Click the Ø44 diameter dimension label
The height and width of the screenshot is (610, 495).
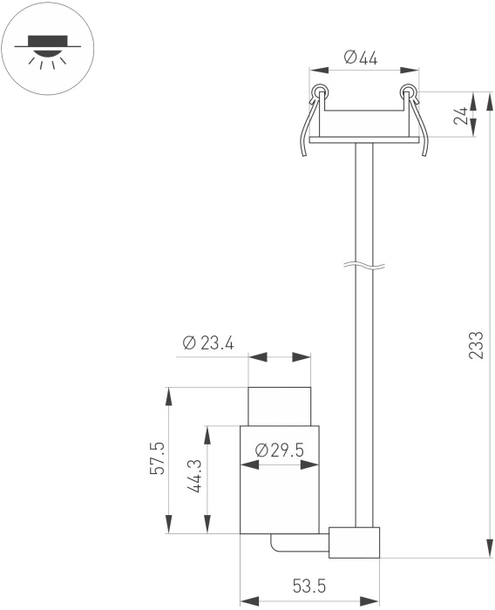point(361,58)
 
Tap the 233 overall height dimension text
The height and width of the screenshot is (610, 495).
point(476,345)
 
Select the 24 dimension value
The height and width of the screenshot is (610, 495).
point(461,115)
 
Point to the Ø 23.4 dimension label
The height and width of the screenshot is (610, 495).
point(208,343)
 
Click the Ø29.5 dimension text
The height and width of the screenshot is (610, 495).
point(279,451)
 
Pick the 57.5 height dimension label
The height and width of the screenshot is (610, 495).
point(158,457)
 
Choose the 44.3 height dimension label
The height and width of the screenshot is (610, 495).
point(196,476)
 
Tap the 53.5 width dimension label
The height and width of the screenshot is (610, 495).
point(309,586)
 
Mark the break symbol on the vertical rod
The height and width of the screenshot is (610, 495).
point(364,266)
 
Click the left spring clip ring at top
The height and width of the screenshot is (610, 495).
point(320,91)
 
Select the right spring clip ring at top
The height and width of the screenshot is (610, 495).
point(408,91)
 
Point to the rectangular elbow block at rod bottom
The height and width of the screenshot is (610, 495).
point(354,543)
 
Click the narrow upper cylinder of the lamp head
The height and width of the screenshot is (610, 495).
point(280,406)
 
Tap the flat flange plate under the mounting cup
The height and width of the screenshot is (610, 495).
point(364,139)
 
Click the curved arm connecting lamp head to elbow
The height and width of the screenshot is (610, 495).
point(299,543)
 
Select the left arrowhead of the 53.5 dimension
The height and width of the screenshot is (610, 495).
point(250,601)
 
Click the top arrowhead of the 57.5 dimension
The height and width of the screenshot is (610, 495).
point(168,396)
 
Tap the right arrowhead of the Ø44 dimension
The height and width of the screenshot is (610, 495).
point(410,70)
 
